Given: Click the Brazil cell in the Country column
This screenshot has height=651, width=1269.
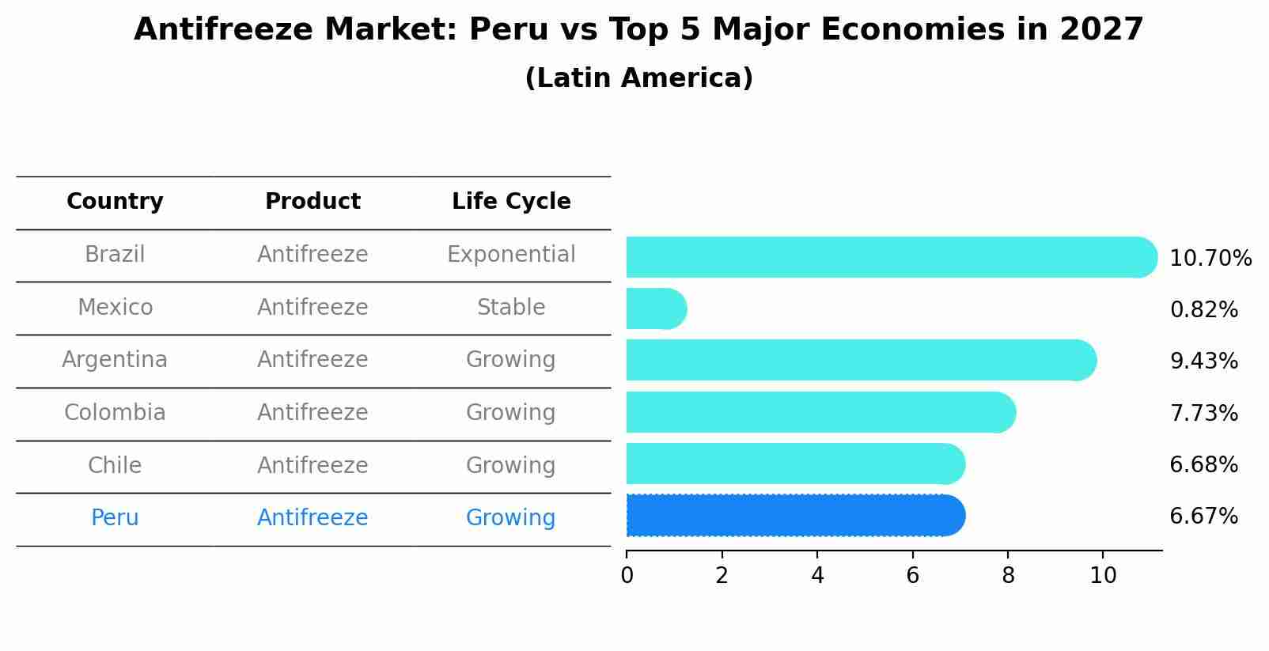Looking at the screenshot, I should [115, 255].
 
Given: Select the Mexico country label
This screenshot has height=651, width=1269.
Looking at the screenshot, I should [115, 308].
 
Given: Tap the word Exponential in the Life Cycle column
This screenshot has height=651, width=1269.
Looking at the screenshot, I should [511, 255].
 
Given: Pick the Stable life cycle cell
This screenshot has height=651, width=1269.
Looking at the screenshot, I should [511, 308].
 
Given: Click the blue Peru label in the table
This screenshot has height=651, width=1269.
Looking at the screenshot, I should [115, 518].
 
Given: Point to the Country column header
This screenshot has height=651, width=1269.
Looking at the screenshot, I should [115, 202].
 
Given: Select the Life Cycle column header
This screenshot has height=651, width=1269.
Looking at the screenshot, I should [511, 202].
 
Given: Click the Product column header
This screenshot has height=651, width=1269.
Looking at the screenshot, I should [313, 202].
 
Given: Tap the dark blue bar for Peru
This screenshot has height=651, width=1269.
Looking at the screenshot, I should [791, 516].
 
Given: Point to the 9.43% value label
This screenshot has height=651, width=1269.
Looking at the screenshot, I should [1203, 361].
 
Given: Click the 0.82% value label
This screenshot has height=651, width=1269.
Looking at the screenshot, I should [1203, 310].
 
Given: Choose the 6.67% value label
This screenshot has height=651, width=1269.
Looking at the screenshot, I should [1203, 517].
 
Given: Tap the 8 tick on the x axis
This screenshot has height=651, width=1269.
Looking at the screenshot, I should [1008, 576].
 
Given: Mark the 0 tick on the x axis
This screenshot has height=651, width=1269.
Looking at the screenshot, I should [627, 576].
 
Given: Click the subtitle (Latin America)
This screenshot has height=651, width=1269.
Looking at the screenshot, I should [638, 78].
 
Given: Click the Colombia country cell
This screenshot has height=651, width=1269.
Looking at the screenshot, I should [115, 413].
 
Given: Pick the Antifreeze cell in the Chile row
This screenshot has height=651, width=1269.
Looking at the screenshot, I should [313, 466].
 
